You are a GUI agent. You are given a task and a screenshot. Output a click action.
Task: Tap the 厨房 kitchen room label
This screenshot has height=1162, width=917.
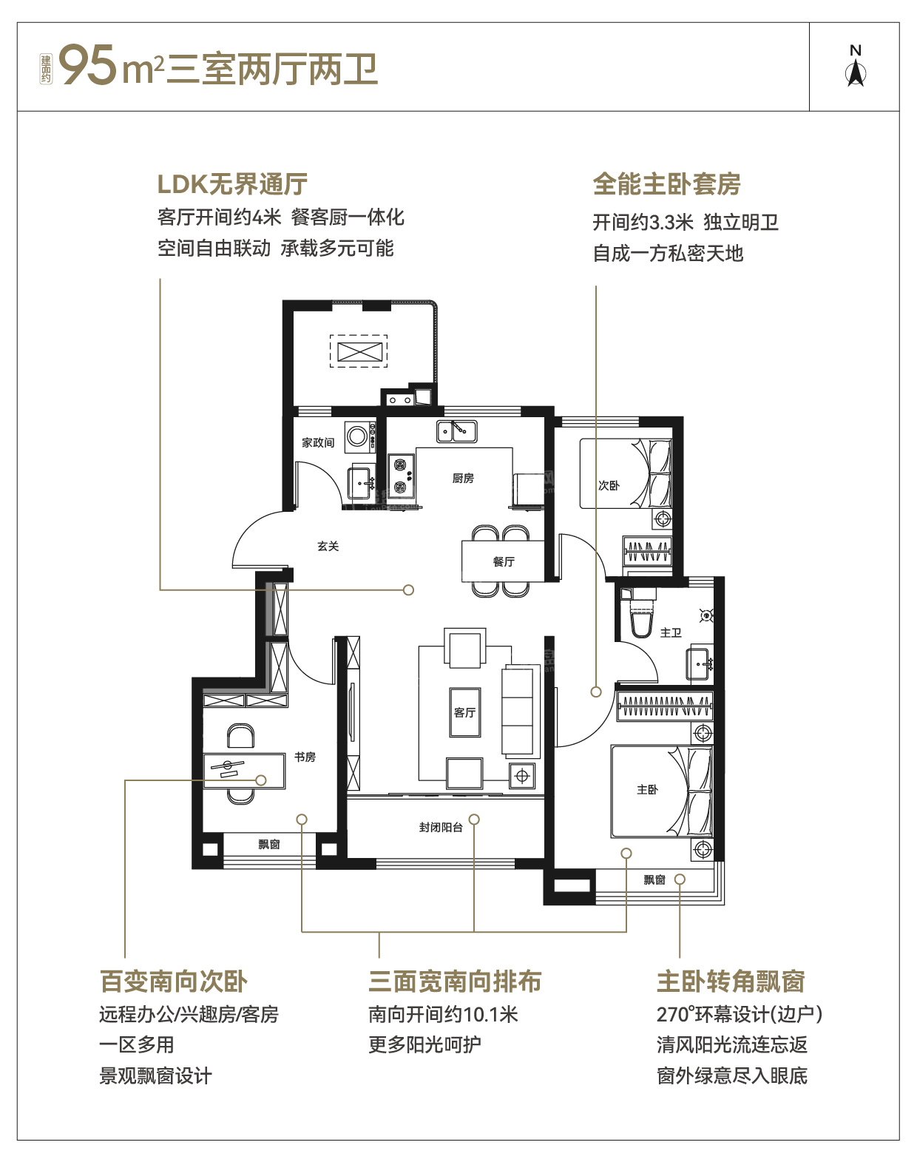click(463, 478)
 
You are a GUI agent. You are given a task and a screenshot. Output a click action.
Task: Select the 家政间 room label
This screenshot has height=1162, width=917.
click(317, 443)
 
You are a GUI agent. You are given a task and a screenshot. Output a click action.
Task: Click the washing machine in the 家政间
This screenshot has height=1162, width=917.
click(357, 436)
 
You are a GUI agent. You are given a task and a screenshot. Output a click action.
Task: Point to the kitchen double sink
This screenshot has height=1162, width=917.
click(457, 431)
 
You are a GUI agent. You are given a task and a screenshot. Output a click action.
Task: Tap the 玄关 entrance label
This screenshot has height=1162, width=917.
click(328, 547)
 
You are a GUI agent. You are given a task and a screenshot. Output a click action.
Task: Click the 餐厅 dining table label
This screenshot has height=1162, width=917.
click(504, 561)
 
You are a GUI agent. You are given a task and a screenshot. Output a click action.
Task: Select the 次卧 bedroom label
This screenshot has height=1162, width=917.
click(609, 485)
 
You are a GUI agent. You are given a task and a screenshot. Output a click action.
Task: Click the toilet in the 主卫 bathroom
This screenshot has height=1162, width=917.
click(641, 615)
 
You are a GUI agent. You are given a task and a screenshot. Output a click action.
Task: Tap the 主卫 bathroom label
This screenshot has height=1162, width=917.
click(671, 632)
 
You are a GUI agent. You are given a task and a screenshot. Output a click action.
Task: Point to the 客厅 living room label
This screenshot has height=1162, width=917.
click(464, 712)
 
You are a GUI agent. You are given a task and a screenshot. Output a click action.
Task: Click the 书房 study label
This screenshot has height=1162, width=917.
click(305, 757)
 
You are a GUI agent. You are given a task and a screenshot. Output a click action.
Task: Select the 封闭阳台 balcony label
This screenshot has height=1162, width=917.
click(441, 827)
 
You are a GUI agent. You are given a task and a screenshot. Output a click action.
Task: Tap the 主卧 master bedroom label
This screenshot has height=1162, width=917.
click(647, 789)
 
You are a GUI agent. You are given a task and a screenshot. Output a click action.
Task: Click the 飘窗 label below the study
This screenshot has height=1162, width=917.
click(269, 844)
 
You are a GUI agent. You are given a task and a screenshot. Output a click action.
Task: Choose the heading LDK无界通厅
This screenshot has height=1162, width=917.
click(232, 183)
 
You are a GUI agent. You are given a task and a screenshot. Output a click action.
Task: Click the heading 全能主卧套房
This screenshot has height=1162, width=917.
click(667, 183)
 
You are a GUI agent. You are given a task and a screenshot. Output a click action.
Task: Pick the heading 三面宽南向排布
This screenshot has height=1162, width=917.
click(455, 981)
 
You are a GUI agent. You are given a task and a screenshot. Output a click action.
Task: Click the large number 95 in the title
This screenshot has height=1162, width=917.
click(88, 65)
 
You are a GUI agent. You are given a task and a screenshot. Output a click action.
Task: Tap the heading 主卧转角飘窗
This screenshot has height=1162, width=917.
click(731, 981)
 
